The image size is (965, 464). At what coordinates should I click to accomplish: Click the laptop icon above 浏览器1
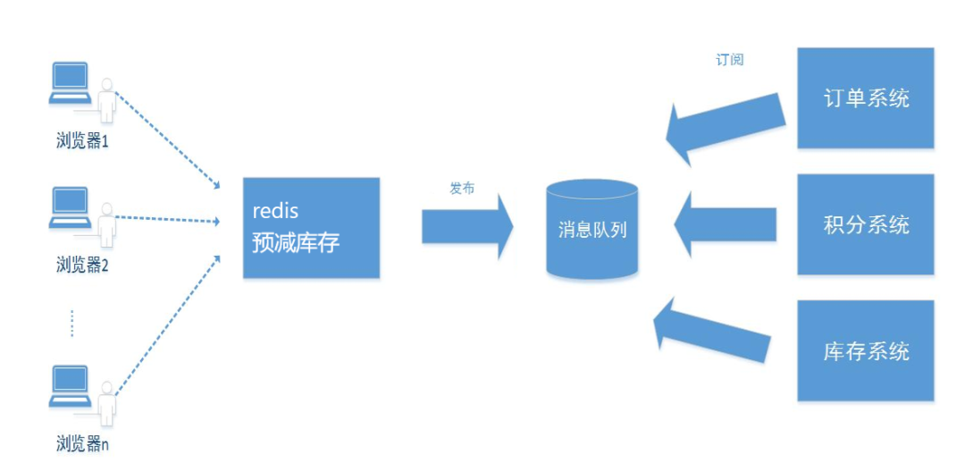(70, 81)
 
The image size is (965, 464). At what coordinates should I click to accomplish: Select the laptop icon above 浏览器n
(70, 384)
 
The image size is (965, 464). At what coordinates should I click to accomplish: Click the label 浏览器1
(82, 141)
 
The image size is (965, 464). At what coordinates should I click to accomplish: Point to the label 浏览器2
(82, 265)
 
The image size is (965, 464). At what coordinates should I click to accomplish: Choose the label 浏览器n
(82, 443)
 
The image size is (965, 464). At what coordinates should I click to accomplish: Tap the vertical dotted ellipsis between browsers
(71, 323)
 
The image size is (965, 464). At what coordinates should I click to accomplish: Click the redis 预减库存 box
(311, 227)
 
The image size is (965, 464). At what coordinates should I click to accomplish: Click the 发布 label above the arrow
(462, 189)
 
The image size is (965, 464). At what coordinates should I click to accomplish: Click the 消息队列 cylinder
(592, 230)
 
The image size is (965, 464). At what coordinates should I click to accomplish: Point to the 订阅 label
(729, 60)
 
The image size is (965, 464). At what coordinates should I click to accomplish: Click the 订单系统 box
(865, 98)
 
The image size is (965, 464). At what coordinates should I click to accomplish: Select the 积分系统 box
(865, 224)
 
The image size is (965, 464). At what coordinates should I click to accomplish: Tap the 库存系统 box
(865, 350)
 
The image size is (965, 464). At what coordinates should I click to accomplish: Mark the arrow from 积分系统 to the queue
(724, 224)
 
